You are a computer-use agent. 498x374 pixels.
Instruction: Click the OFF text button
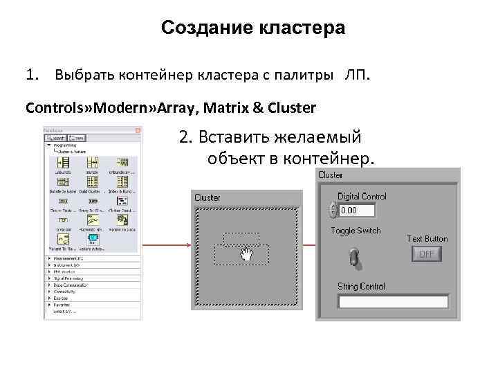427,254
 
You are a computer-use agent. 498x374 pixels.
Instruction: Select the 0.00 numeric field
356,210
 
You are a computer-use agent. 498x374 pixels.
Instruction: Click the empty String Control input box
392,301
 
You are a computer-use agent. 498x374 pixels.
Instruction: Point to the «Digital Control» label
362,197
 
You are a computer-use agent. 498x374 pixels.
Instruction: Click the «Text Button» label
427,239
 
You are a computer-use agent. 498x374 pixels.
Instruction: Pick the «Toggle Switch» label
356,231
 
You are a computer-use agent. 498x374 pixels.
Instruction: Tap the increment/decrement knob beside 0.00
333,209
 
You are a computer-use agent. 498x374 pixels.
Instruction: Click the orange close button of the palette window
138,130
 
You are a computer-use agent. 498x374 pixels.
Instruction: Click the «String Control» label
361,286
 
